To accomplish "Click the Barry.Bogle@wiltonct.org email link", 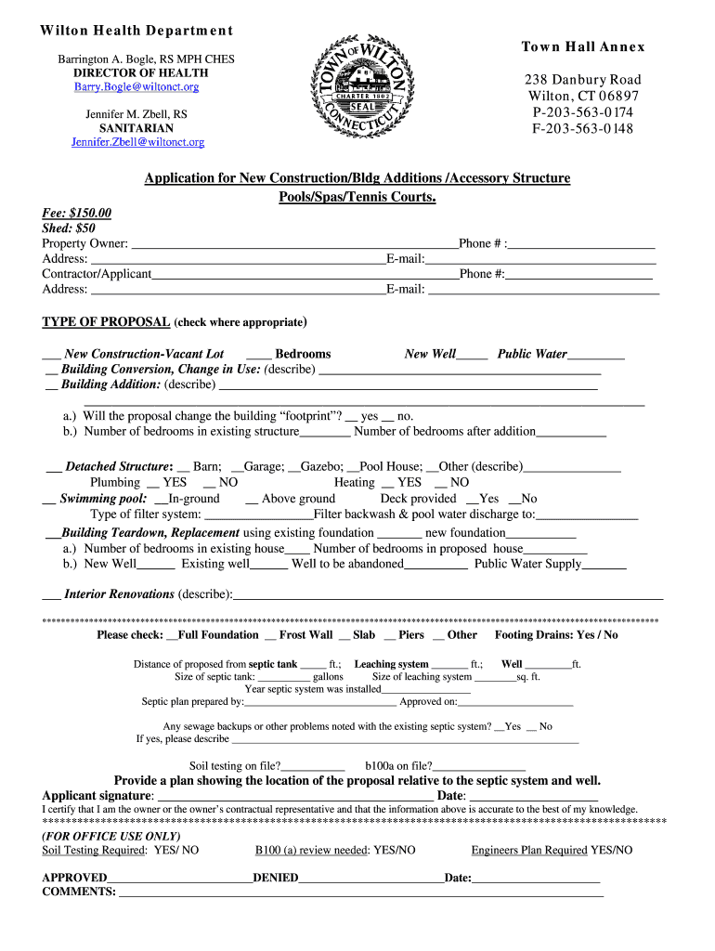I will click(x=136, y=87).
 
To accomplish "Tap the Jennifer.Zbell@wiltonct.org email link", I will click(x=137, y=142).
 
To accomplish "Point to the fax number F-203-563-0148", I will click(x=582, y=128).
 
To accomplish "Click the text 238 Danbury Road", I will click(x=583, y=80).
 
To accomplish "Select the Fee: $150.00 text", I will click(x=77, y=213).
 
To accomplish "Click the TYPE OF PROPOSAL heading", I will click(x=106, y=322).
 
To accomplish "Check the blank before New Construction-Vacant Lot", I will click(x=51, y=355).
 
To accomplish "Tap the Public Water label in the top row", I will click(x=532, y=354).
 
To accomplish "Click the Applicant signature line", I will click(x=295, y=797).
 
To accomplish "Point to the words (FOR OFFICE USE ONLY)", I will click(x=111, y=836).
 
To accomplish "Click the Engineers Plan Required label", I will click(x=529, y=850).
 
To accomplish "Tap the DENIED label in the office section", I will click(x=276, y=878).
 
